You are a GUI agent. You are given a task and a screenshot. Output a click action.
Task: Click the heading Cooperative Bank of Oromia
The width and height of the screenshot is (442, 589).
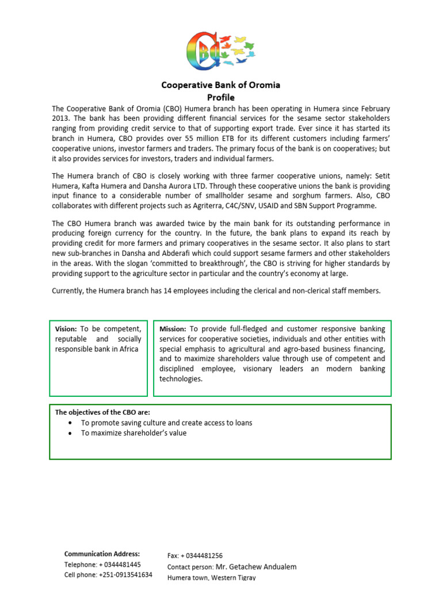point(220,85)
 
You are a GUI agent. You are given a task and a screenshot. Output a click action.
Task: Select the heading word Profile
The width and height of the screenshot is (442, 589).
point(220,97)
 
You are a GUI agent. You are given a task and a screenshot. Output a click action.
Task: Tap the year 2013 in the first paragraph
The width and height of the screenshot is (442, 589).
point(61,118)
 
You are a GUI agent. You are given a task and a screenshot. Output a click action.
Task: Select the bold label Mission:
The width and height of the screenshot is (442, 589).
point(173,328)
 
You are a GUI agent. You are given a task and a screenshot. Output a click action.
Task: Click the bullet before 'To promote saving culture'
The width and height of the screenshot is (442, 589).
point(70,423)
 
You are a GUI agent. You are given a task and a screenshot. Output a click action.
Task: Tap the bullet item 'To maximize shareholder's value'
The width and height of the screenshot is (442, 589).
point(134,433)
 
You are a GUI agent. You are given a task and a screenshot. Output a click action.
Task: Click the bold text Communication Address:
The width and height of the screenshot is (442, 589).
point(102,554)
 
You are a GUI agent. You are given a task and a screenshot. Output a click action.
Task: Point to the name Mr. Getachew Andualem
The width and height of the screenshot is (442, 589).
point(256,567)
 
